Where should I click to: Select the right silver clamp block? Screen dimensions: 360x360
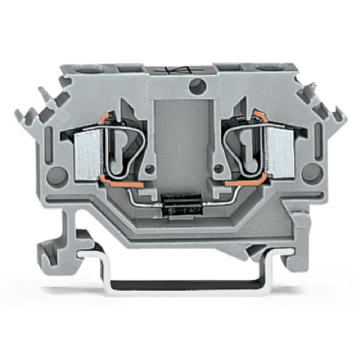coord(280,153)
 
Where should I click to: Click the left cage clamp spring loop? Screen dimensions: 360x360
coord(124,151)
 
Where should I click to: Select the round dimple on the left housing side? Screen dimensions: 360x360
coord(57,175)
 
